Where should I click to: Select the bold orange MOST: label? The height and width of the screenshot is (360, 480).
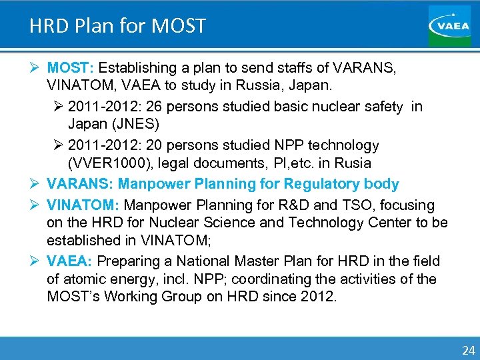pos(72,68)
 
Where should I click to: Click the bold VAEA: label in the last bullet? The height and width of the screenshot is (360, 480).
pos(67,261)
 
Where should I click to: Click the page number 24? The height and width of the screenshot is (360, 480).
pos(468,349)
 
